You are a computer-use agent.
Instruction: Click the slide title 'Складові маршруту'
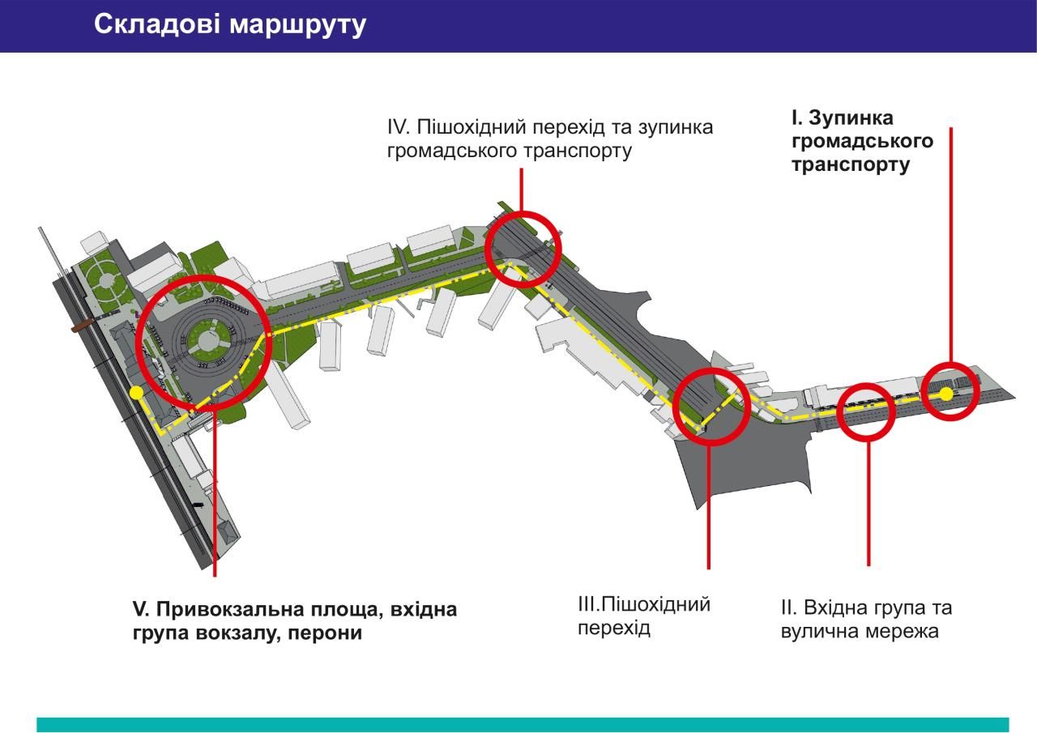(230, 25)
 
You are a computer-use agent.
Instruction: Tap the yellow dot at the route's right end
(946, 394)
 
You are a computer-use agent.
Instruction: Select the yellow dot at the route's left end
(136, 393)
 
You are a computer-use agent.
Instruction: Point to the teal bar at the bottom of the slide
(523, 724)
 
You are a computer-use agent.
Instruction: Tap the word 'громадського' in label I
(862, 142)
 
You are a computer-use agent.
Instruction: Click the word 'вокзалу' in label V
(235, 633)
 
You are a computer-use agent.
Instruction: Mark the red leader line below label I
(950, 243)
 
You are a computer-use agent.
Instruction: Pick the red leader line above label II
(868, 502)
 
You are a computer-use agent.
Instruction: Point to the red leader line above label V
(215, 494)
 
